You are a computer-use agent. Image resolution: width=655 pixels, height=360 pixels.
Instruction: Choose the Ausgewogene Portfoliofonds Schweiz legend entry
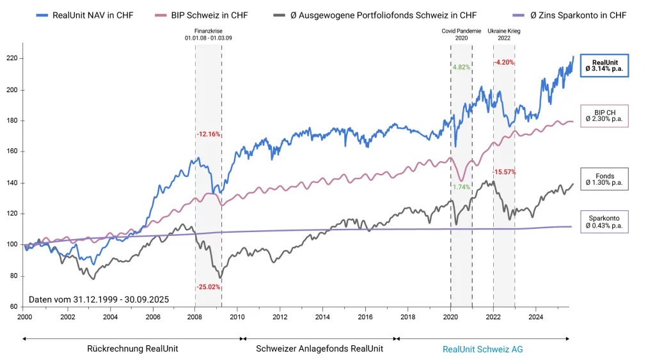[x=384, y=14]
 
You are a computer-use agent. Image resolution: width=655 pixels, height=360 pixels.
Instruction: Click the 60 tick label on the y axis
[x=14, y=307]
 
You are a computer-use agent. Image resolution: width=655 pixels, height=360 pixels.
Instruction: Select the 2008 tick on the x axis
[x=195, y=317]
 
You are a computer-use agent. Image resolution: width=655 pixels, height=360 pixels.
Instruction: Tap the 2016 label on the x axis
[x=365, y=317]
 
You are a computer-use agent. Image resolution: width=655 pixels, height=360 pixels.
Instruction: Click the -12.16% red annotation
[x=208, y=134]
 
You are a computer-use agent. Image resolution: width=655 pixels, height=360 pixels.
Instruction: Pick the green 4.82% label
[x=461, y=67]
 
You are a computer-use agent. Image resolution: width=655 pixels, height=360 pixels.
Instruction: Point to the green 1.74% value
[x=461, y=187]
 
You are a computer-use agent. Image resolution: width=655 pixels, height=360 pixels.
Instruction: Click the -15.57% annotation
[x=504, y=173]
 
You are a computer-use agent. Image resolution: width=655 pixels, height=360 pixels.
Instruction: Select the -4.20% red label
[x=504, y=62]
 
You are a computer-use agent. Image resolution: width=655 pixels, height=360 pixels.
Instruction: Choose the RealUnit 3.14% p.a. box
[x=604, y=65]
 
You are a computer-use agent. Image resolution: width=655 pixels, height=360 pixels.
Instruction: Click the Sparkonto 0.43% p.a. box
[x=604, y=222]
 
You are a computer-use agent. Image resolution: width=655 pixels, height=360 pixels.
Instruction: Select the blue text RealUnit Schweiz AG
[x=482, y=349]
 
